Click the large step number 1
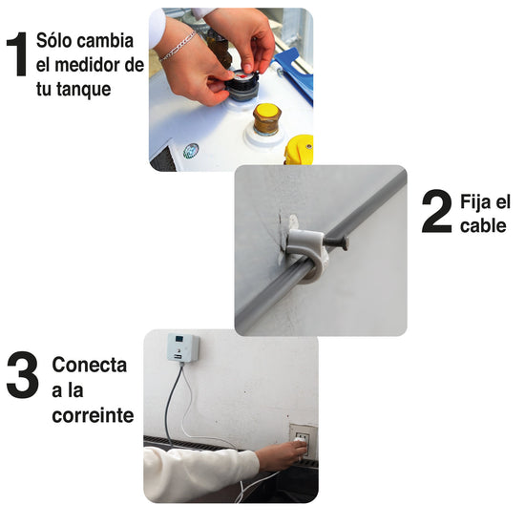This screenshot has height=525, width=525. (x=17, y=54)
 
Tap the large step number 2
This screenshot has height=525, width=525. (x=436, y=211)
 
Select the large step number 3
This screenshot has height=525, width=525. (x=23, y=375)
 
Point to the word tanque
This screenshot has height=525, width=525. (x=83, y=90)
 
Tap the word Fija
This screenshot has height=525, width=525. (x=473, y=201)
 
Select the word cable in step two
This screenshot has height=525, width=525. (x=483, y=225)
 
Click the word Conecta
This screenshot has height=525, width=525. (x=90, y=365)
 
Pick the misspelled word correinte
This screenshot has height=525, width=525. (x=93, y=415)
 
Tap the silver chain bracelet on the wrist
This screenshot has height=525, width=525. (x=178, y=47)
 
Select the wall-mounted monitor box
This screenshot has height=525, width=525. (x=183, y=348)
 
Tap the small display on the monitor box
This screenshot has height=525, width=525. (x=179, y=339)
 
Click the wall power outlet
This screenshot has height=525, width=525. (x=302, y=440)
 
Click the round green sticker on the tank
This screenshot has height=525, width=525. (x=191, y=151)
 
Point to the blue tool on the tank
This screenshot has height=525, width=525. (x=294, y=72)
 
